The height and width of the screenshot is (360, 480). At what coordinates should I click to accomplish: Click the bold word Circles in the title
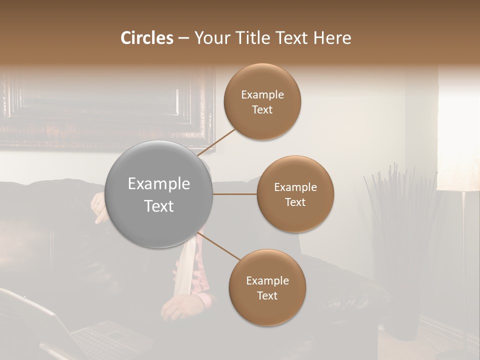[146, 38]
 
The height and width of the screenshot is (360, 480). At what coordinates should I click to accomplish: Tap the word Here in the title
[332, 38]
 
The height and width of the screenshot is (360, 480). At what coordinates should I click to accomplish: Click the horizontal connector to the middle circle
[234, 194]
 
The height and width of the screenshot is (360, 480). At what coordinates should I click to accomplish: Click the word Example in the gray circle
[159, 184]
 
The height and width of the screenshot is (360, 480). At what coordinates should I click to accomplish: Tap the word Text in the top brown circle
[262, 110]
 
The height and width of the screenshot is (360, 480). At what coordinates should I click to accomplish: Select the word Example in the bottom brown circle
[267, 280]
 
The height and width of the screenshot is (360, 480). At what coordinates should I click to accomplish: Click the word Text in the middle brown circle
[295, 202]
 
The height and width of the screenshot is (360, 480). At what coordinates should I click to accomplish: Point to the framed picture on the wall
[107, 107]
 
